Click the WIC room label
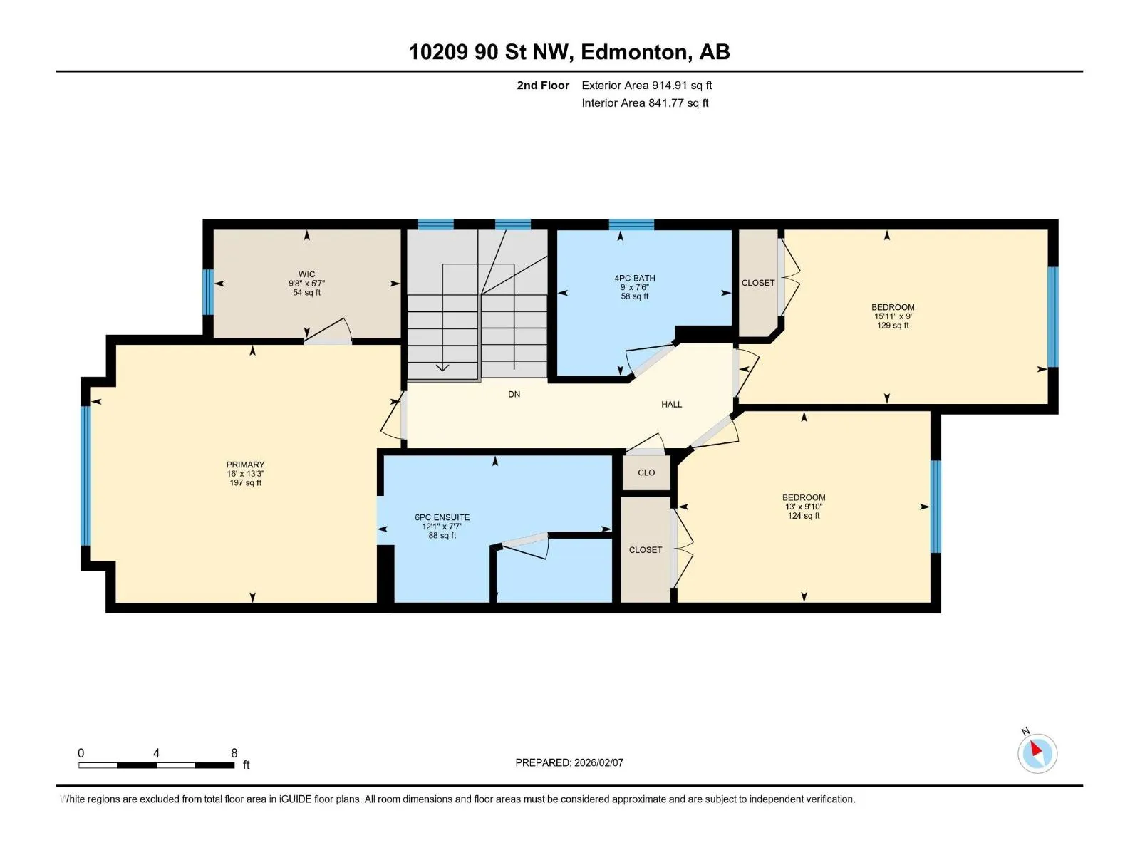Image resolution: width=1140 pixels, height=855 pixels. [x=306, y=274]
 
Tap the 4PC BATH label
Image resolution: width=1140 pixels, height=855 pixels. [x=634, y=279]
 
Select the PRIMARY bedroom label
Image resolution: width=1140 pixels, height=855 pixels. [x=245, y=465]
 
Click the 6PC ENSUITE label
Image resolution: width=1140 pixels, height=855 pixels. [x=442, y=517]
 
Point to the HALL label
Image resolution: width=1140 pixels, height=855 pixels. [x=671, y=405]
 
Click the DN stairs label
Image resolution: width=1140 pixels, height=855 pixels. [x=514, y=395]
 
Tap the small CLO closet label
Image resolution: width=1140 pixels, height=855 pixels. [x=646, y=472]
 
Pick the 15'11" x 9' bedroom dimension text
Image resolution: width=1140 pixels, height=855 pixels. [x=893, y=316]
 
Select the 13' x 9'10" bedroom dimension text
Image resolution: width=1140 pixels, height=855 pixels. [x=804, y=507]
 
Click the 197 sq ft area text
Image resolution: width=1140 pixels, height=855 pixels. [x=245, y=483]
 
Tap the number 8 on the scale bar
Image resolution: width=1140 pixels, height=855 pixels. [x=234, y=752]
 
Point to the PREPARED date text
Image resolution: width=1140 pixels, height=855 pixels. [x=569, y=762]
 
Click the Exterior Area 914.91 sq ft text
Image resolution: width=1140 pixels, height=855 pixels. [x=647, y=85]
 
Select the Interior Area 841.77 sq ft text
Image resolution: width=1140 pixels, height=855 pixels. [x=645, y=103]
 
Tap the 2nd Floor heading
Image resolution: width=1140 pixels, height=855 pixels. [x=543, y=85]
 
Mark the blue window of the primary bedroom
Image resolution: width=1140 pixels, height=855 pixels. [x=85, y=475]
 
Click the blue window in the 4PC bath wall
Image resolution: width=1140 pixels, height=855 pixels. [x=631, y=224]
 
